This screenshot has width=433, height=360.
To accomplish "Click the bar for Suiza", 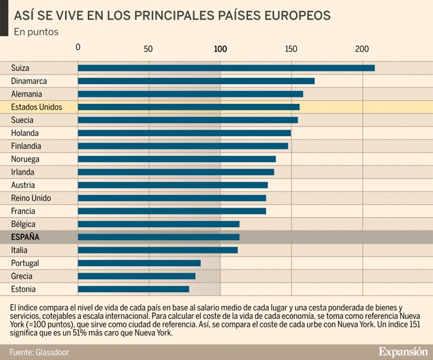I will [x=226, y=68].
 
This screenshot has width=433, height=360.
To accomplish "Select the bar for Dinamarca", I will [x=196, y=81].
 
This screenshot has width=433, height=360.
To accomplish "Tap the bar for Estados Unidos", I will [x=188, y=107].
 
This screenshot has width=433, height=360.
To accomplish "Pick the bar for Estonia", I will [x=133, y=289].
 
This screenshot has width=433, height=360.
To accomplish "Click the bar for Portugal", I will [x=139, y=263].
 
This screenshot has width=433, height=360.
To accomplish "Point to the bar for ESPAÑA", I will [x=158, y=237].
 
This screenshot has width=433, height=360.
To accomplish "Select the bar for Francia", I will [x=172, y=211].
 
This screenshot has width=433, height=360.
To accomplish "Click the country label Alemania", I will [x=26, y=94].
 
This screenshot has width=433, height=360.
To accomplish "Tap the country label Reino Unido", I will [x=31, y=198].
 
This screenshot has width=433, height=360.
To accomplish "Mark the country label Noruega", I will [x=25, y=159].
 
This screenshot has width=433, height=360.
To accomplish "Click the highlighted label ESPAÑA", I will [x=25, y=237].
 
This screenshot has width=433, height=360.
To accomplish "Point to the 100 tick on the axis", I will [x=220, y=49].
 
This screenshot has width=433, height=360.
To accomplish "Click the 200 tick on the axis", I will [x=362, y=49].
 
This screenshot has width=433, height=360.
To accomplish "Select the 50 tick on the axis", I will [x=148, y=49].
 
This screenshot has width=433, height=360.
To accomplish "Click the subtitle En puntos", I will [x=36, y=31].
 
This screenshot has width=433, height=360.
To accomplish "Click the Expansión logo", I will [x=402, y=352].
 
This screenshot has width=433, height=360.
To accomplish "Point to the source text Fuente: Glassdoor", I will [x=39, y=352].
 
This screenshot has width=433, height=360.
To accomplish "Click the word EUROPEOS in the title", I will [x=290, y=14].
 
